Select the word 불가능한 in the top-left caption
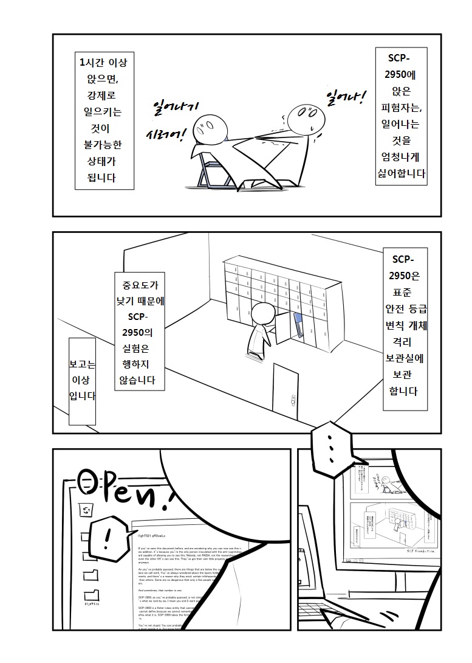[x=103, y=145]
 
